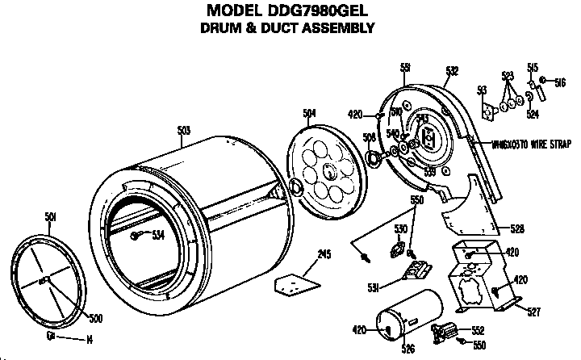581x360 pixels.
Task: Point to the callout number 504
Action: [309, 114]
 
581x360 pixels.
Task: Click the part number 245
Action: [324, 254]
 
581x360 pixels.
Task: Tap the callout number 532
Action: [453, 71]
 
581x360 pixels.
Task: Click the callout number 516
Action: [560, 82]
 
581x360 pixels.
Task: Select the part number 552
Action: [477, 329]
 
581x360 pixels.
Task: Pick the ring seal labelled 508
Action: [374, 157]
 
